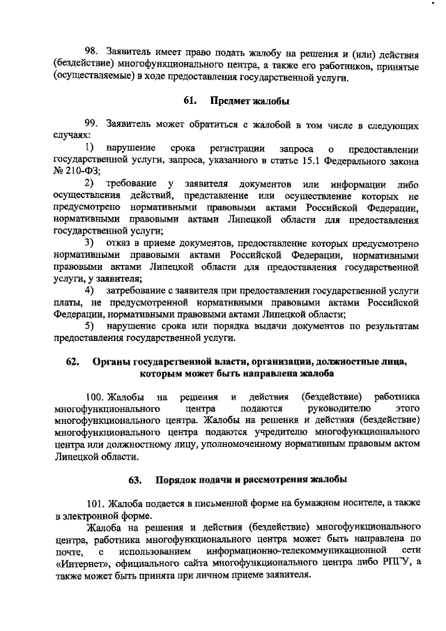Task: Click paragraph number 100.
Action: click(x=95, y=396)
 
